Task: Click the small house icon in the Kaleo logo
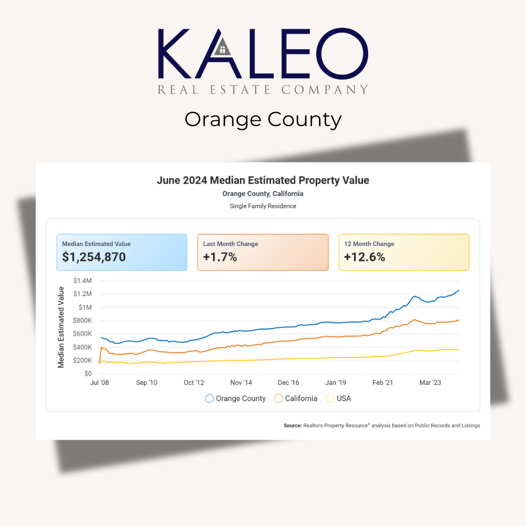pos(223,47)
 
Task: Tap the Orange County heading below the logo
pos(263,119)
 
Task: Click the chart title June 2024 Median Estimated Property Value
pos(263,180)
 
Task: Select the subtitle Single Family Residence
pos(263,206)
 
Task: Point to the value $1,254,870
pos(94,257)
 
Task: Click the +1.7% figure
pos(220,257)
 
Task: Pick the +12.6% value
pos(364,257)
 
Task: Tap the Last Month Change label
pos(230,244)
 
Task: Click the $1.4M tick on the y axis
pos(82,281)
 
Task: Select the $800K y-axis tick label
pos(82,320)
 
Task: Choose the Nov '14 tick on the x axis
pos(241,383)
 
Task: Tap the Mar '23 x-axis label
pos(430,383)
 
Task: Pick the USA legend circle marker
pos(330,398)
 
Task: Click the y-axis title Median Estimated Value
pos(61,327)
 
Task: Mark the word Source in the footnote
pos(292,425)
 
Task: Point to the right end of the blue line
pos(458,291)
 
